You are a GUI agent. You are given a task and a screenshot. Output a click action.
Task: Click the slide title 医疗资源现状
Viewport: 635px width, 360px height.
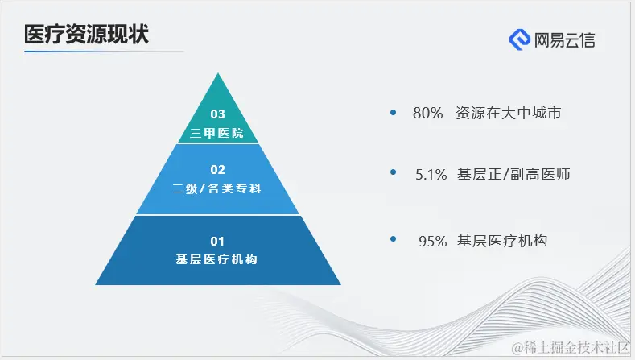coord(86,35)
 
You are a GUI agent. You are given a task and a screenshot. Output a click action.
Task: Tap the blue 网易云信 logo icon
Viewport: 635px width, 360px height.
coord(520,39)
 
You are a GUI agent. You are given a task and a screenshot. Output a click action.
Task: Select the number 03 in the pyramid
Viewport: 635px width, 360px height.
coord(217,114)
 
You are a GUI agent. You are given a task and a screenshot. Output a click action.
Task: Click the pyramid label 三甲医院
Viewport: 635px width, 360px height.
coord(217,132)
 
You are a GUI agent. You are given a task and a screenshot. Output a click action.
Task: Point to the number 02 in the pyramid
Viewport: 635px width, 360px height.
coord(217,169)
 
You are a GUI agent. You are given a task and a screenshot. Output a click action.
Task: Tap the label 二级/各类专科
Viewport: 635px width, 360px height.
coord(217,188)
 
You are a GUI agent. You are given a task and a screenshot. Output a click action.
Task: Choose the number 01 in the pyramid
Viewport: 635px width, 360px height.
coord(217,240)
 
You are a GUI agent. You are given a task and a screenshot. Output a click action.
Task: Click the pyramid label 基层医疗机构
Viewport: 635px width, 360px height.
coord(217,259)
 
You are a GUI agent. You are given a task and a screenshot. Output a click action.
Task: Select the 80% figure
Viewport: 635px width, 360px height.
coord(427,114)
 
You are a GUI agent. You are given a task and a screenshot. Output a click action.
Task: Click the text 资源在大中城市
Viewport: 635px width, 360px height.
coord(508,114)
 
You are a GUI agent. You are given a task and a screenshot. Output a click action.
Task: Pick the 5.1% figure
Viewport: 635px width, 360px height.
coord(431,174)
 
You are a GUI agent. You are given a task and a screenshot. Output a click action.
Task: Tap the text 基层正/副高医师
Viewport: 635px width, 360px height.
coord(513,174)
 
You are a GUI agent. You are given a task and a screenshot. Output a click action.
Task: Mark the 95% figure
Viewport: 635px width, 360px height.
coord(432,241)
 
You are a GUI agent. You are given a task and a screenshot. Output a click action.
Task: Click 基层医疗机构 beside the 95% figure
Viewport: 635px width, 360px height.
coord(502,241)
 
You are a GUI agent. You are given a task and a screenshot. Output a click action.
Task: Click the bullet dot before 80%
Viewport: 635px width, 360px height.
coord(393,112)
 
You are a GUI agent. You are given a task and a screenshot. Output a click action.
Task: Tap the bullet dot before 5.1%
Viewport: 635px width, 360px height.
coord(393,172)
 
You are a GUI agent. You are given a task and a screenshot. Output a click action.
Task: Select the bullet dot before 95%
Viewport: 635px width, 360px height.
coord(393,239)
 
